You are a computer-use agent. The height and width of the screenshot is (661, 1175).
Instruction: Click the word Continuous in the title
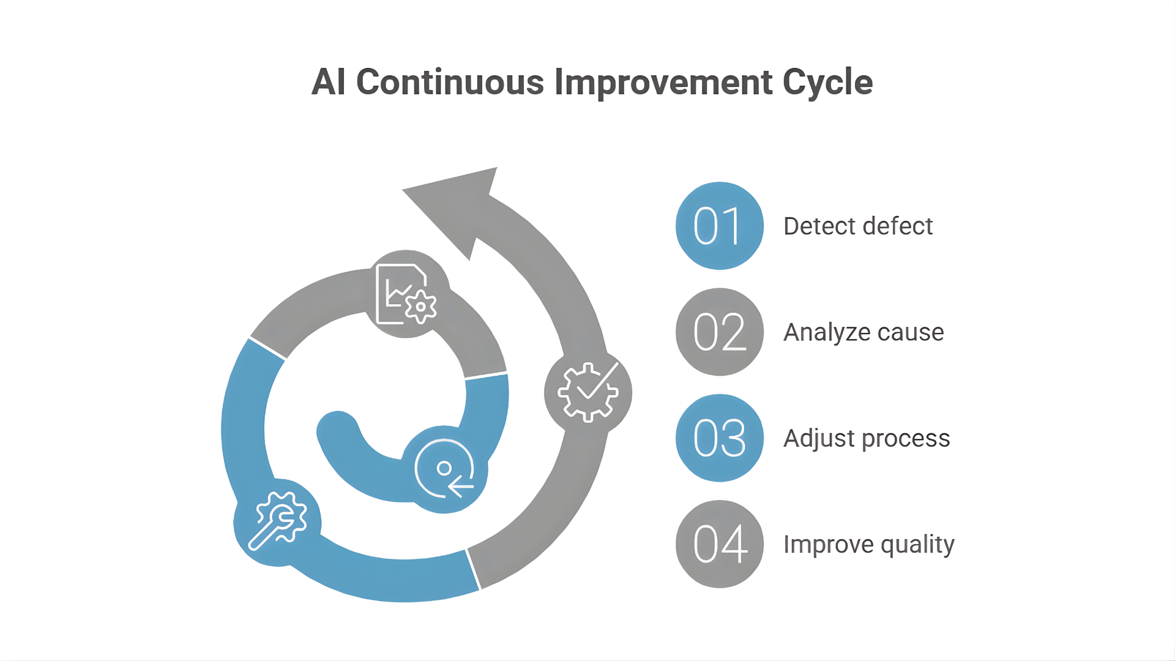[450, 82]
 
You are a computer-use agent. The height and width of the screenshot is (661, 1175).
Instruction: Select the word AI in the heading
[329, 82]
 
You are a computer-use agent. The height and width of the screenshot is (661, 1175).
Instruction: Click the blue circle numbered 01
[720, 226]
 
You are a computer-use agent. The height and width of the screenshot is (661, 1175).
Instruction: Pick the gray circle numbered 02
[720, 332]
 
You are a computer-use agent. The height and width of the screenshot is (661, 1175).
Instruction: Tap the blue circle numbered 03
[720, 438]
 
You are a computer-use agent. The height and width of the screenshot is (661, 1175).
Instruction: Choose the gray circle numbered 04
[720, 544]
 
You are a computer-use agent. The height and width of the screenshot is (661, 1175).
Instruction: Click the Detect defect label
[858, 226]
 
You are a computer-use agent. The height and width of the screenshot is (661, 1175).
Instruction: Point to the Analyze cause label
[864, 332]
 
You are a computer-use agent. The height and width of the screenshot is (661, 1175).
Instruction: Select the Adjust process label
[867, 439]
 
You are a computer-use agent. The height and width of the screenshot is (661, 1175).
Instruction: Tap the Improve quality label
[869, 545]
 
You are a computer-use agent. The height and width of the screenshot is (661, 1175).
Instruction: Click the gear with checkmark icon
[588, 392]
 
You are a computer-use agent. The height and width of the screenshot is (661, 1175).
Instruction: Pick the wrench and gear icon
[278, 521]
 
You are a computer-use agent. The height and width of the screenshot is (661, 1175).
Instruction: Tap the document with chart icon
[406, 294]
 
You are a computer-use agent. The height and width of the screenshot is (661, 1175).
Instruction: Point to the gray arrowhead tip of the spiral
[497, 167]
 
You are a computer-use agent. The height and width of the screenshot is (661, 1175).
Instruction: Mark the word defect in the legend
[898, 226]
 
